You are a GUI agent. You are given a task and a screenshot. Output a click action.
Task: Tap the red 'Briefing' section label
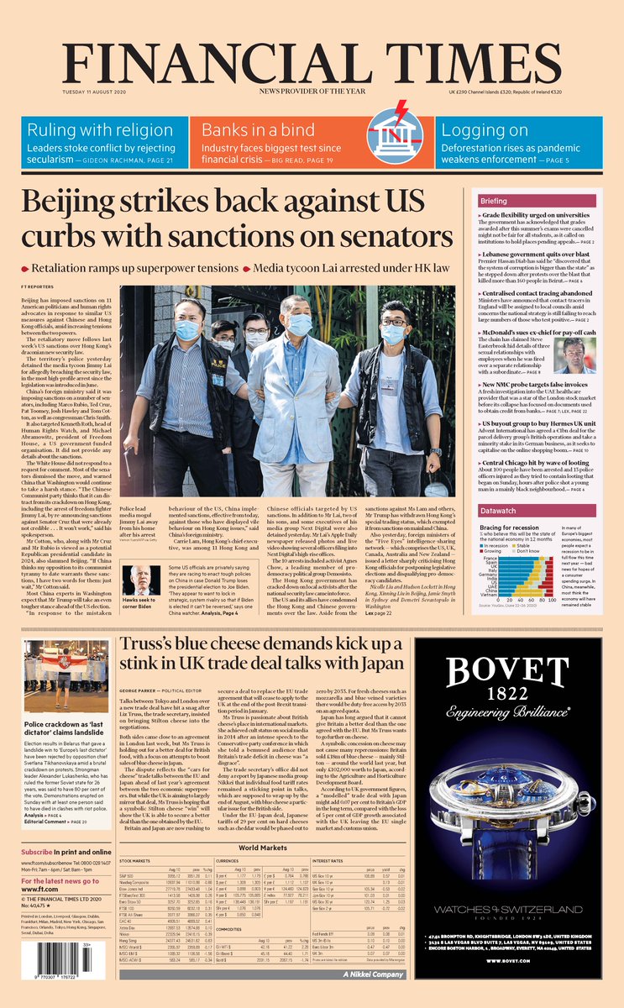coord(494,202)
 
